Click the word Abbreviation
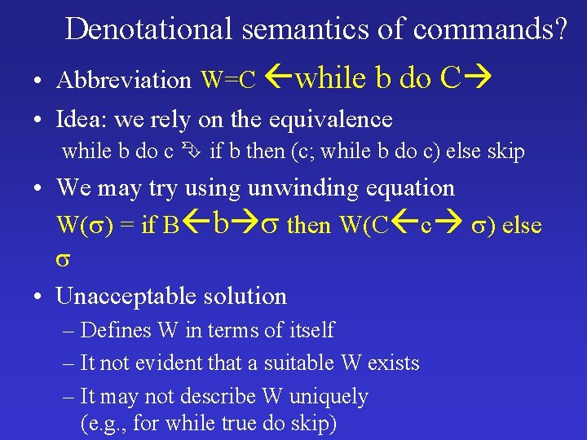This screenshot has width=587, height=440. click(x=123, y=80)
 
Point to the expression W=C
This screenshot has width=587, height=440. click(x=229, y=80)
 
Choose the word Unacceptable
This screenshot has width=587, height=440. click(x=130, y=296)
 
